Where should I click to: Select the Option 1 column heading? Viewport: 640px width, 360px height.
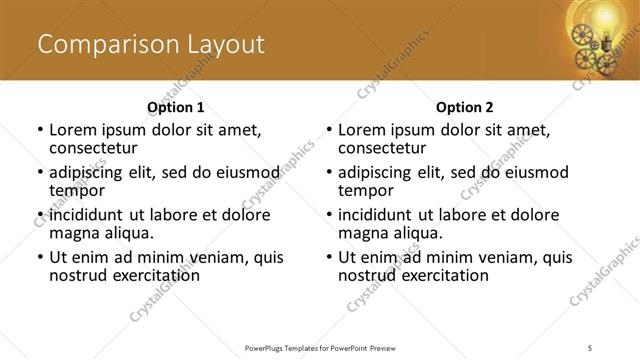[x=176, y=107]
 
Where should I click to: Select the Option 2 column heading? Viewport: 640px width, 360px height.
[x=464, y=107]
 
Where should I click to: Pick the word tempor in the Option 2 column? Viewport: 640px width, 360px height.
[x=364, y=190]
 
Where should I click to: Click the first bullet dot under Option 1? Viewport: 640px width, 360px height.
[x=40, y=130]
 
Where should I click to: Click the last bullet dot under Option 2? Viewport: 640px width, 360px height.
[x=329, y=257]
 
